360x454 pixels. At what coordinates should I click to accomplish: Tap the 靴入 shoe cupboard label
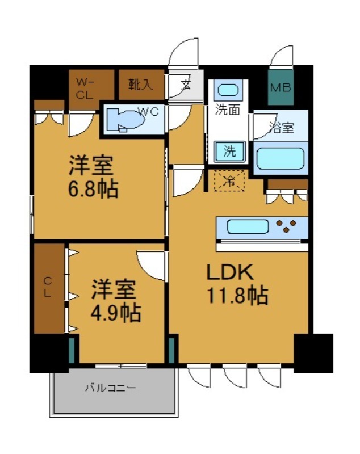140,85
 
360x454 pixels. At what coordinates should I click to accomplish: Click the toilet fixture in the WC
128,120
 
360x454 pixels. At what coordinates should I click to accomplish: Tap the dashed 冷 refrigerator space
230,182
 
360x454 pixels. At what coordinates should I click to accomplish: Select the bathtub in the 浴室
280,158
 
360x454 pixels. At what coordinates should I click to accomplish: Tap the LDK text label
228,274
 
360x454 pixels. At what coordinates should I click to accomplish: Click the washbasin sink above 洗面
228,90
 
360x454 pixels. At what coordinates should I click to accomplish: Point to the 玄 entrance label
186,86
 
